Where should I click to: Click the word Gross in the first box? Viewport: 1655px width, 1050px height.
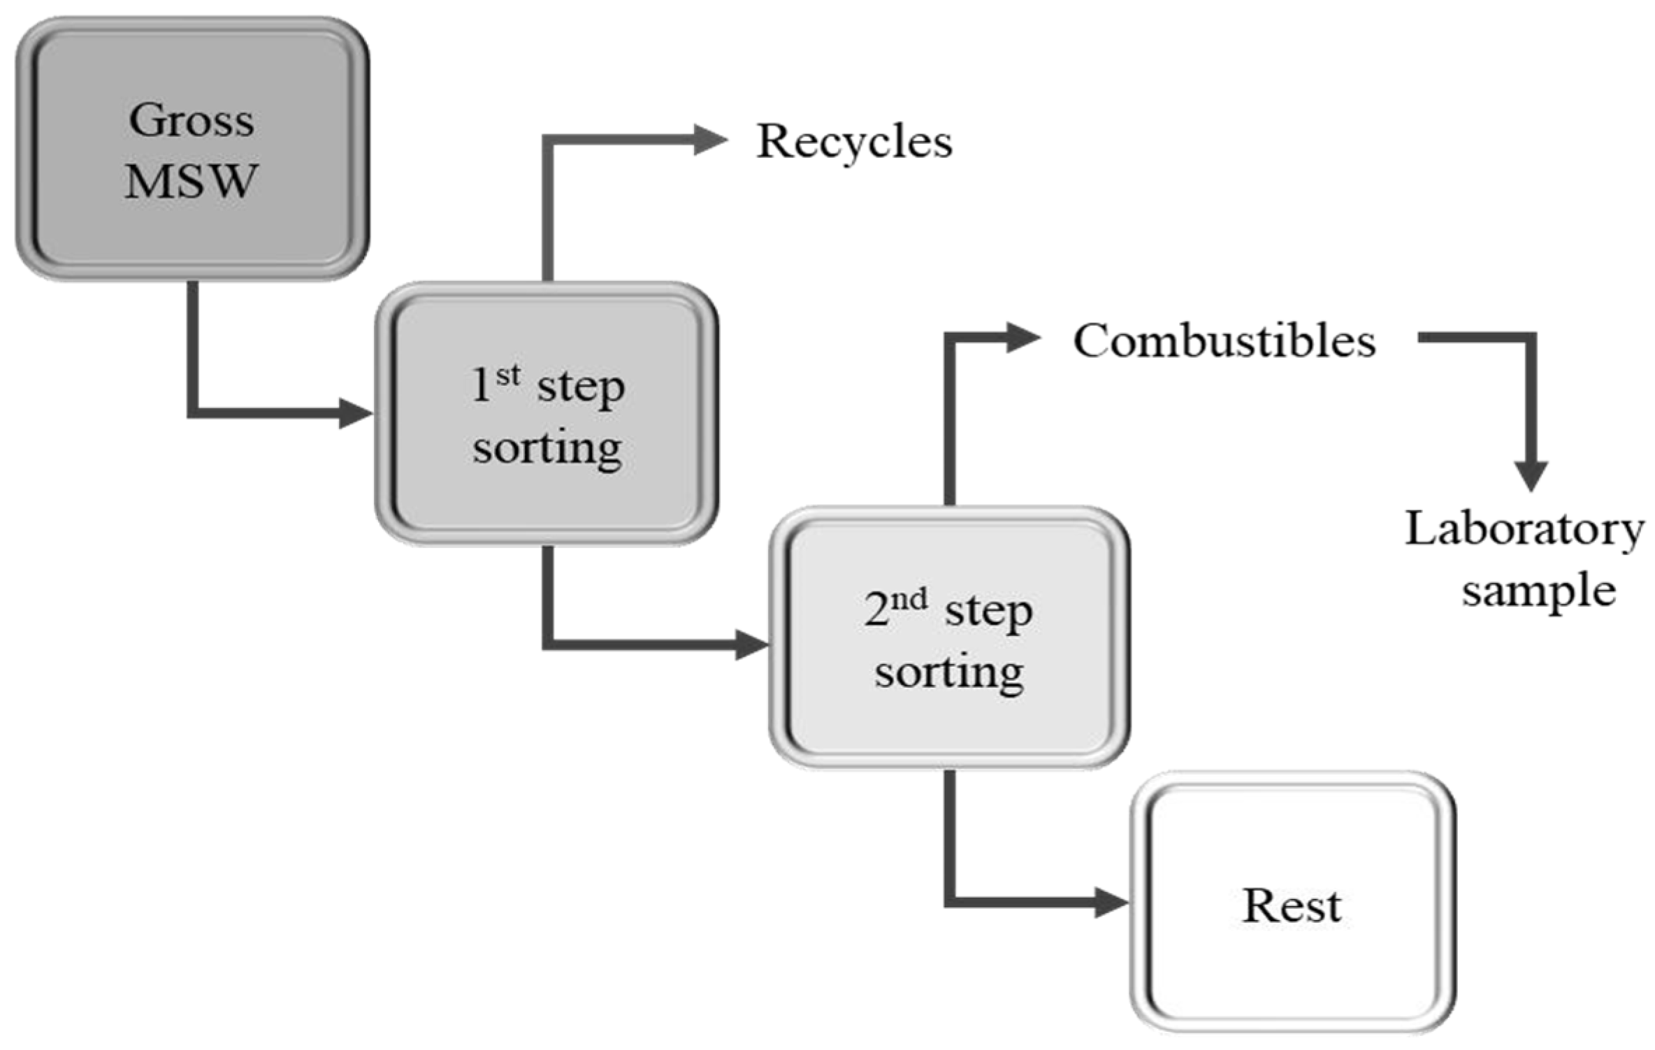(x=191, y=120)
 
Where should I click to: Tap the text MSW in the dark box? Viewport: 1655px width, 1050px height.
(x=191, y=181)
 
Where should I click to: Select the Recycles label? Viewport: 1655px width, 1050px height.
(x=854, y=142)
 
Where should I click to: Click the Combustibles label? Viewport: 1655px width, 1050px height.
(x=1224, y=341)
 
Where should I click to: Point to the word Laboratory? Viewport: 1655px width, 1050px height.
(x=1524, y=530)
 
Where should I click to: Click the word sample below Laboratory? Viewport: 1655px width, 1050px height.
(x=1538, y=591)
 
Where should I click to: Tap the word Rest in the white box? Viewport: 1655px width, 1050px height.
(x=1292, y=906)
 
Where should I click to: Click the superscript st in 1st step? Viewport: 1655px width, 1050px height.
(x=508, y=375)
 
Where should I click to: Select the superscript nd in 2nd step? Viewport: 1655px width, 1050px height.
(x=909, y=600)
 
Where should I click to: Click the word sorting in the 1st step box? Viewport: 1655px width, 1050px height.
(x=547, y=448)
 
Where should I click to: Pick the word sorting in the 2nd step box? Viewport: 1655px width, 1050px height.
(x=949, y=673)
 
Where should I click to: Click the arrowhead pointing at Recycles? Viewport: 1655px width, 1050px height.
(x=709, y=140)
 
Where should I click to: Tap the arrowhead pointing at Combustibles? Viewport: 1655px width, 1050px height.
(x=1022, y=338)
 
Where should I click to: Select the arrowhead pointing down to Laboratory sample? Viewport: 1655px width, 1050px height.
(x=1531, y=475)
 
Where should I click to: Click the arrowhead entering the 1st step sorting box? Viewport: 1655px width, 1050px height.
(x=355, y=413)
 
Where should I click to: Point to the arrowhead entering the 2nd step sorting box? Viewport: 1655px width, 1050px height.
(x=752, y=645)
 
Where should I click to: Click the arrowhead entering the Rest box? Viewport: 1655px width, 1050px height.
(x=1111, y=902)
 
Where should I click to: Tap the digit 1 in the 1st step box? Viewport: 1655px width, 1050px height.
(x=481, y=385)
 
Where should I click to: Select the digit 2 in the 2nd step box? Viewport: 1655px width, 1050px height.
(x=876, y=610)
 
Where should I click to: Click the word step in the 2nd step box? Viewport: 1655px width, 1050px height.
(x=988, y=612)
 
